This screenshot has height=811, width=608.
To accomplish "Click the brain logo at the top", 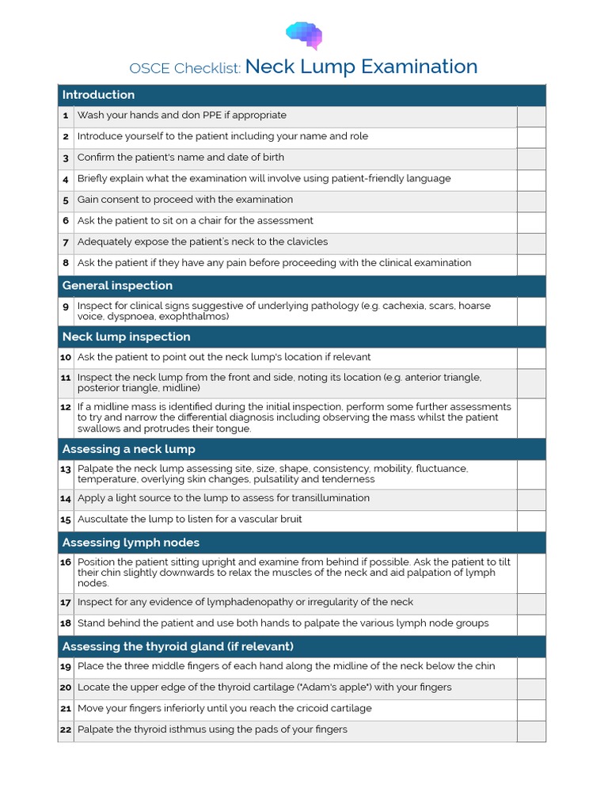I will pyautogui.click(x=303, y=34).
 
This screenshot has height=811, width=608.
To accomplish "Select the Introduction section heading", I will pyautogui.click(x=98, y=95).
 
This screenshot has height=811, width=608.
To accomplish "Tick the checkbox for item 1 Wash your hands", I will pyautogui.click(x=530, y=116).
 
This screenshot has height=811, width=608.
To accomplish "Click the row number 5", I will pyautogui.click(x=66, y=200).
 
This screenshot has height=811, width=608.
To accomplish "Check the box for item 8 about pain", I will pyautogui.click(x=530, y=264).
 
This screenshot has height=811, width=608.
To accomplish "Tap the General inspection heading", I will pyautogui.click(x=117, y=286).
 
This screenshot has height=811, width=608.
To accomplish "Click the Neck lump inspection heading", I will pyautogui.click(x=126, y=337).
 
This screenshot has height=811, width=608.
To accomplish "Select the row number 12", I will pyautogui.click(x=66, y=407).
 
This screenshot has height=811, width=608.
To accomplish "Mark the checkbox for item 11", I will pyautogui.click(x=530, y=383).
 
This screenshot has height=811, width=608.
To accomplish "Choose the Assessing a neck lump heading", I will pyautogui.click(x=128, y=450).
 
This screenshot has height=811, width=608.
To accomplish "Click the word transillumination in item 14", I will pyautogui.click(x=326, y=498).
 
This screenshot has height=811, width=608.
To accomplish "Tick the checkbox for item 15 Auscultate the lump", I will pyautogui.click(x=530, y=520).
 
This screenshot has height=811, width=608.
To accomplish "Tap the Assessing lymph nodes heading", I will pyautogui.click(x=131, y=543).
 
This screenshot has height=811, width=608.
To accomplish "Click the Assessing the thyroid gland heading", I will pyautogui.click(x=177, y=647).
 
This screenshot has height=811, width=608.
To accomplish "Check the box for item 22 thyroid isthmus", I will pyautogui.click(x=530, y=730).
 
